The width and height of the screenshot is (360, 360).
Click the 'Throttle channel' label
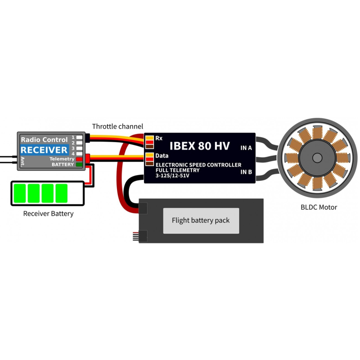click(x=117, y=126)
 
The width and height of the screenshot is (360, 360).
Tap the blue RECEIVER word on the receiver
click(x=44, y=150)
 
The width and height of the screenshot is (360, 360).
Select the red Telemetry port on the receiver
click(x=79, y=159)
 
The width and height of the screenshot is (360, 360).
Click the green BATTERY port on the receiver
click(x=79, y=164)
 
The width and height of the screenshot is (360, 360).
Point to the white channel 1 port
click(x=79, y=137)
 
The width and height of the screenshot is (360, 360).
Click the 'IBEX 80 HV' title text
click(x=199, y=146)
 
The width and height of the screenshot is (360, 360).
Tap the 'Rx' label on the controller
click(x=159, y=138)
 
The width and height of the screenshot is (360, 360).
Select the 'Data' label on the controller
click(x=162, y=156)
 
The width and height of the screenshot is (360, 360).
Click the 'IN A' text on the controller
click(x=246, y=148)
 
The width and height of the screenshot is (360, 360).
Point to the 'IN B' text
click(x=246, y=172)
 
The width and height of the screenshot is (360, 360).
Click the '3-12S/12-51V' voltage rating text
click(x=172, y=176)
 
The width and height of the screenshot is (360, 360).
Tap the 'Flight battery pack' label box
click(x=201, y=220)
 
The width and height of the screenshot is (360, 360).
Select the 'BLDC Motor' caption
click(x=319, y=207)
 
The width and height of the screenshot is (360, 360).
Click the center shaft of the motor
click(x=317, y=158)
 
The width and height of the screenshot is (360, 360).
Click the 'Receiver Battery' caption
click(x=49, y=214)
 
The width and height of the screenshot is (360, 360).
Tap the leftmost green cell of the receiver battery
click(x=20, y=193)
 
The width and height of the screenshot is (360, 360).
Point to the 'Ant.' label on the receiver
click(x=22, y=162)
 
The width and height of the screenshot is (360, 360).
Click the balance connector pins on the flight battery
click(x=135, y=237)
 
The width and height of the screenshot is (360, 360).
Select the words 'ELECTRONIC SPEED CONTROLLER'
click(x=198, y=165)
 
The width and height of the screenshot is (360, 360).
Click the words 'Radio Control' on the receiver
click(x=44, y=140)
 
